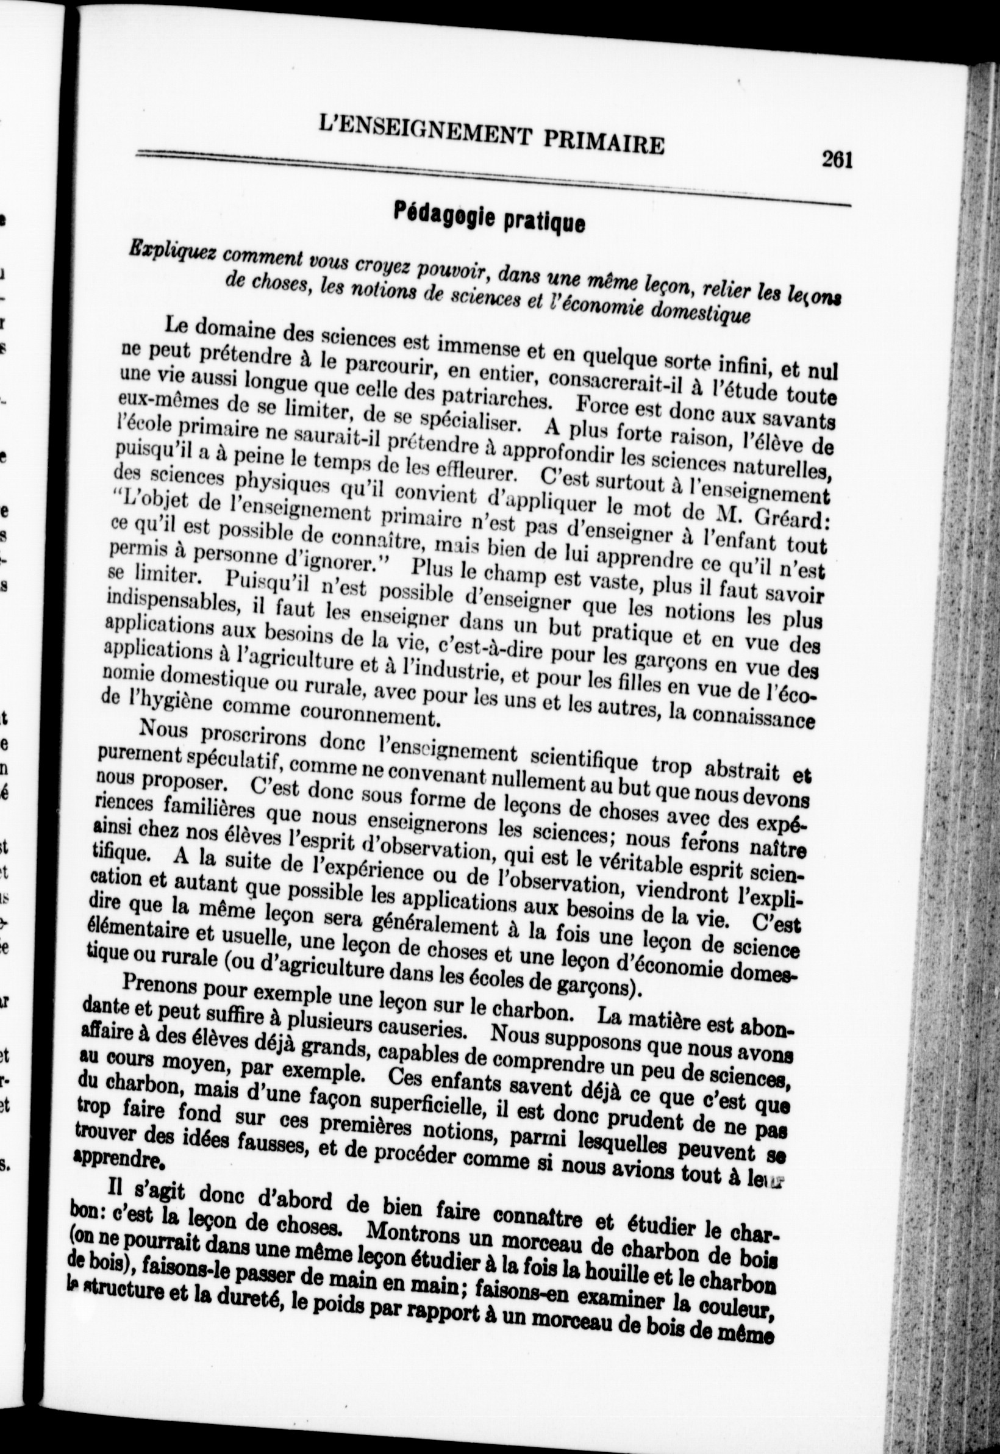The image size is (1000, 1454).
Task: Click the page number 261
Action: pyautogui.click(x=838, y=160)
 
